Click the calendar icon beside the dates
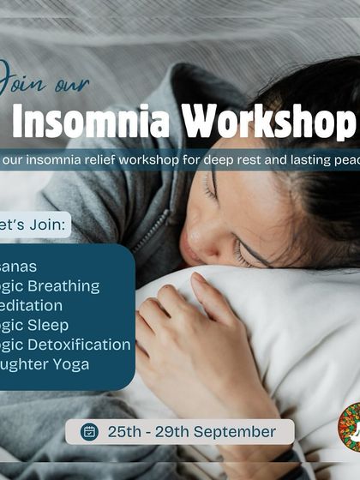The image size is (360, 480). (x=90, y=432)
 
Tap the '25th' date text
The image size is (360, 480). (x=125, y=432)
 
